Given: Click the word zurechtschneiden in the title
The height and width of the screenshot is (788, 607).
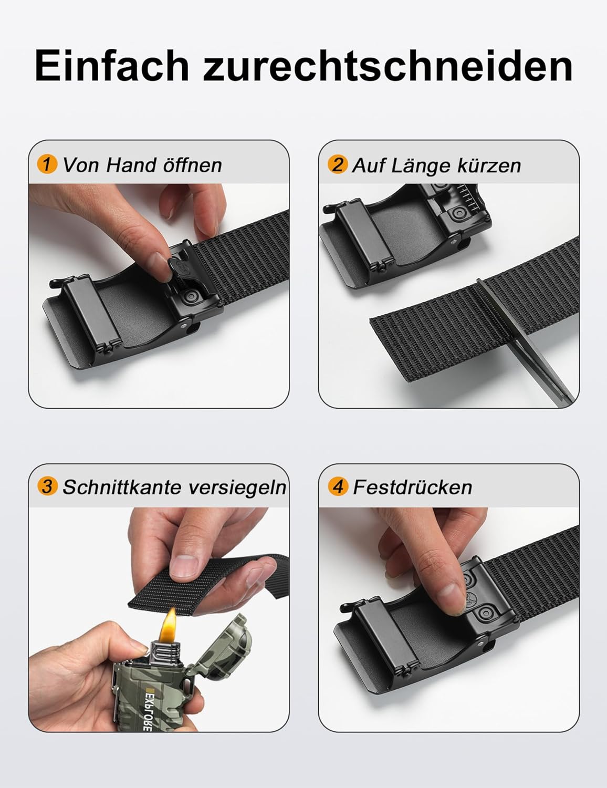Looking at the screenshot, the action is point(388,66).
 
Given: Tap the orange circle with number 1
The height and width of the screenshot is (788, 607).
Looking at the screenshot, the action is point(47,164).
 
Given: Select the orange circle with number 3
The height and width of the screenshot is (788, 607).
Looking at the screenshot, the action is point(47,486).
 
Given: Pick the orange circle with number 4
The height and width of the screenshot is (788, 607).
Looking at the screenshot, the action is point(338,486).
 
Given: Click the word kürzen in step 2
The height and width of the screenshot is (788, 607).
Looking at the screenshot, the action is point(489,165).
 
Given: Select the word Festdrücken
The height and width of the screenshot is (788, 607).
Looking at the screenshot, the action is point(412,487).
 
